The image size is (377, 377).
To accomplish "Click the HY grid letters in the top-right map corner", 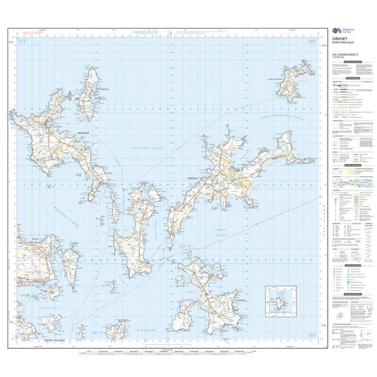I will coord(314,42).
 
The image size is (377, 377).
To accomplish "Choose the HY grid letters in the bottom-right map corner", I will coord(313,337).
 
